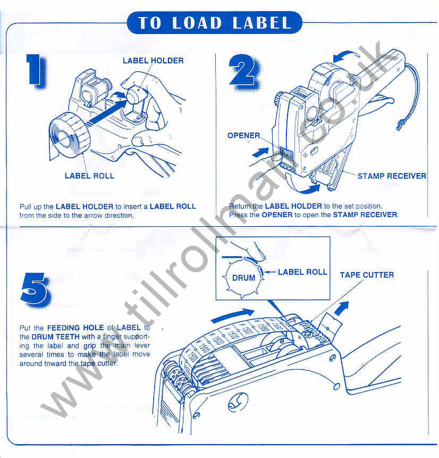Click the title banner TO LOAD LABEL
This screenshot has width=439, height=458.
[x=215, y=23]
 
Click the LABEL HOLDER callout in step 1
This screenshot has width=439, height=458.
[x=153, y=61]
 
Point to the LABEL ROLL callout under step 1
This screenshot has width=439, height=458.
[x=89, y=175]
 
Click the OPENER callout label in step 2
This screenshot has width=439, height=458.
[x=244, y=135]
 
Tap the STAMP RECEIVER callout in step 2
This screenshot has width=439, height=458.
[x=392, y=176]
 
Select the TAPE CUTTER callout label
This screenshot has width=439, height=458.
[x=367, y=275]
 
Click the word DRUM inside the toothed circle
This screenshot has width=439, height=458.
[x=243, y=277]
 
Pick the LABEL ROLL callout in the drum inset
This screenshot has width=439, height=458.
[x=302, y=272]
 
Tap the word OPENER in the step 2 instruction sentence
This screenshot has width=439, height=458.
[x=277, y=215]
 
